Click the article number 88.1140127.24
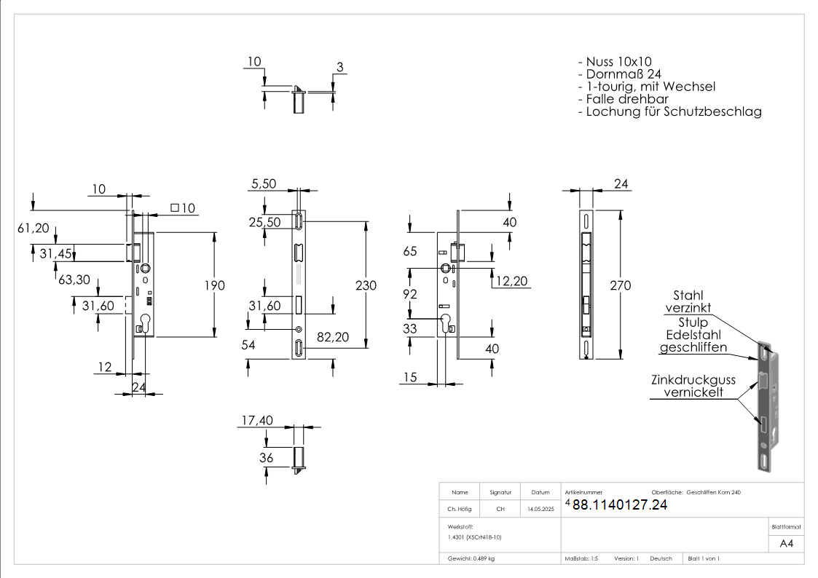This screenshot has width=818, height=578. click(619, 505)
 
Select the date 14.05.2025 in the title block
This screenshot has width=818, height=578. click(540, 510)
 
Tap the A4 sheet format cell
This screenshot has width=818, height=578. click(786, 543)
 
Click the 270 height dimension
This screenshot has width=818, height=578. click(620, 285)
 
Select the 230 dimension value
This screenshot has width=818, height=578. click(366, 285)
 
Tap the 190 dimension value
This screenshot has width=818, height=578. click(214, 285)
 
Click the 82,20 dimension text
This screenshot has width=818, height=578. click(332, 336)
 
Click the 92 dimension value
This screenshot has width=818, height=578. click(410, 295)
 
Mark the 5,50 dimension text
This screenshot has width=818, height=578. click(264, 185)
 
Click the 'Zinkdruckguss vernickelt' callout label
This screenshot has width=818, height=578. click(693, 386)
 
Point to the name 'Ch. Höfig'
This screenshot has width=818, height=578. click(460, 510)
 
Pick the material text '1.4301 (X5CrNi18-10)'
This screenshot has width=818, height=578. click(475, 537)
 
